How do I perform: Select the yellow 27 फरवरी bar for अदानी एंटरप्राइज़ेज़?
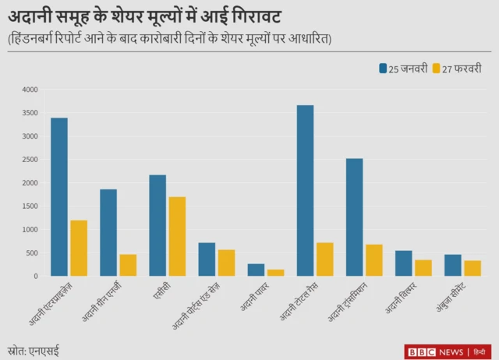click(x=79, y=248)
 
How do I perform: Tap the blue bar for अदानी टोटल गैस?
click(x=305, y=191)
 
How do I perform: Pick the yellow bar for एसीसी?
click(x=177, y=236)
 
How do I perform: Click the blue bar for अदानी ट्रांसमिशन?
click(x=354, y=217)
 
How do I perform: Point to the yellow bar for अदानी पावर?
click(x=275, y=273)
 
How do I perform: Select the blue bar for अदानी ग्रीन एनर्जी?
click(x=108, y=233)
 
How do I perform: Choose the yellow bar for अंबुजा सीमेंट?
click(x=472, y=268)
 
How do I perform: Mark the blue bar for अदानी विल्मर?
click(x=404, y=263)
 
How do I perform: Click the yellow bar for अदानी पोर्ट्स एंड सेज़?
click(x=226, y=263)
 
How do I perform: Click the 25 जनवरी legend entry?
click(x=403, y=69)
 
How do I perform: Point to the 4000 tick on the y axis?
click(x=29, y=90)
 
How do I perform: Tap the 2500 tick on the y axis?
click(x=29, y=160)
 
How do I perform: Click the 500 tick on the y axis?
click(x=30, y=253)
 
